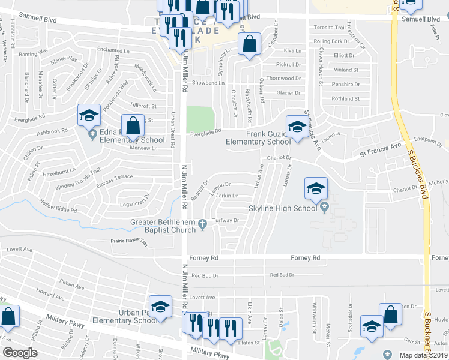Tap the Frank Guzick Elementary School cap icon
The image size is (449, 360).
tap(297, 127)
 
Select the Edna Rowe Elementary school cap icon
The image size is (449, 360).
tap(89, 116)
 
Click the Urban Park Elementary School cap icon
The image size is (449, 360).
tap(160, 307)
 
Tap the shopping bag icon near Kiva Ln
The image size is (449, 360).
tap(249, 44)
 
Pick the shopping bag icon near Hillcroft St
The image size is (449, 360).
tap(134, 125)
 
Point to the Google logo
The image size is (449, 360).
tap(20, 353)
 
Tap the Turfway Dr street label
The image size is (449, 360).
tap(228, 220)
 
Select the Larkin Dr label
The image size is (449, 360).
tap(227, 196)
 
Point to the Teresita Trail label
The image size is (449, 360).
tap(331, 28)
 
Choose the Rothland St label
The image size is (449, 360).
tap(345, 99)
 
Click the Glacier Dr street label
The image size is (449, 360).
tap(288, 93)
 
